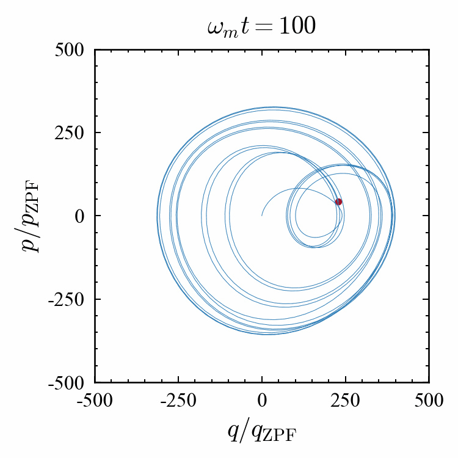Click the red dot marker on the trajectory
pos(338,202)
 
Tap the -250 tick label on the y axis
pos(71,299)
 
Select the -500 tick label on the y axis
pos(71,383)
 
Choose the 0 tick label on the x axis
pos(262,402)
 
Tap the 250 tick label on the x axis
pos(346,402)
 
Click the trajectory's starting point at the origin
pos(262,216)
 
